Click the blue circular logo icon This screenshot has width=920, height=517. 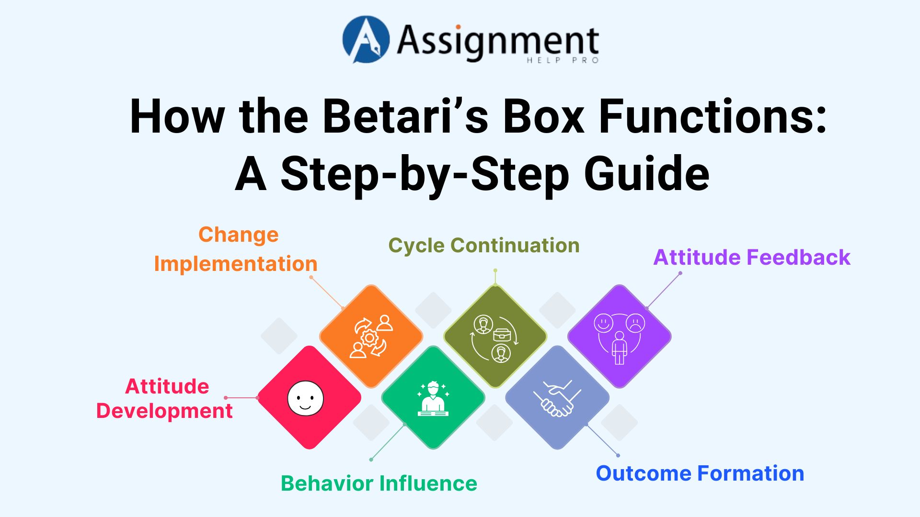tap(365, 40)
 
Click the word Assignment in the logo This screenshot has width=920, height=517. tap(497, 41)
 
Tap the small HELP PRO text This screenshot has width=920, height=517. tap(563, 60)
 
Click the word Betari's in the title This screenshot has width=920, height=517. tap(405, 116)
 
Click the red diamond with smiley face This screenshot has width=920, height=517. tap(309, 397)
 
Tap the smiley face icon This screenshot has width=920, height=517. tap(305, 398)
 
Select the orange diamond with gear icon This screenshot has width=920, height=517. tap(371, 336)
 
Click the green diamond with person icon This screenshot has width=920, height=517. tap(433, 397)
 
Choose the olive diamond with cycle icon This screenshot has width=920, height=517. tap(495, 336)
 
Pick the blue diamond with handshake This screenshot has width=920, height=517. tap(557, 397)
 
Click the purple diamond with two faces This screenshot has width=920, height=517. tap(619, 336)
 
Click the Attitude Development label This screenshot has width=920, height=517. tap(165, 398)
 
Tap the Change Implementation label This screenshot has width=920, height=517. tap(236, 249)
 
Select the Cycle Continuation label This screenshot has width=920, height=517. tap(483, 245)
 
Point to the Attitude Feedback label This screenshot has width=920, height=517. tap(751, 257)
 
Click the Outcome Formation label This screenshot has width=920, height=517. tap(700, 473)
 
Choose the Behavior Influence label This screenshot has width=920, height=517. tap(379, 483)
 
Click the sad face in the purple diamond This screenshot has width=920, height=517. tap(635, 323)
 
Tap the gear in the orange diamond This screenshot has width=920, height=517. tap(369, 338)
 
